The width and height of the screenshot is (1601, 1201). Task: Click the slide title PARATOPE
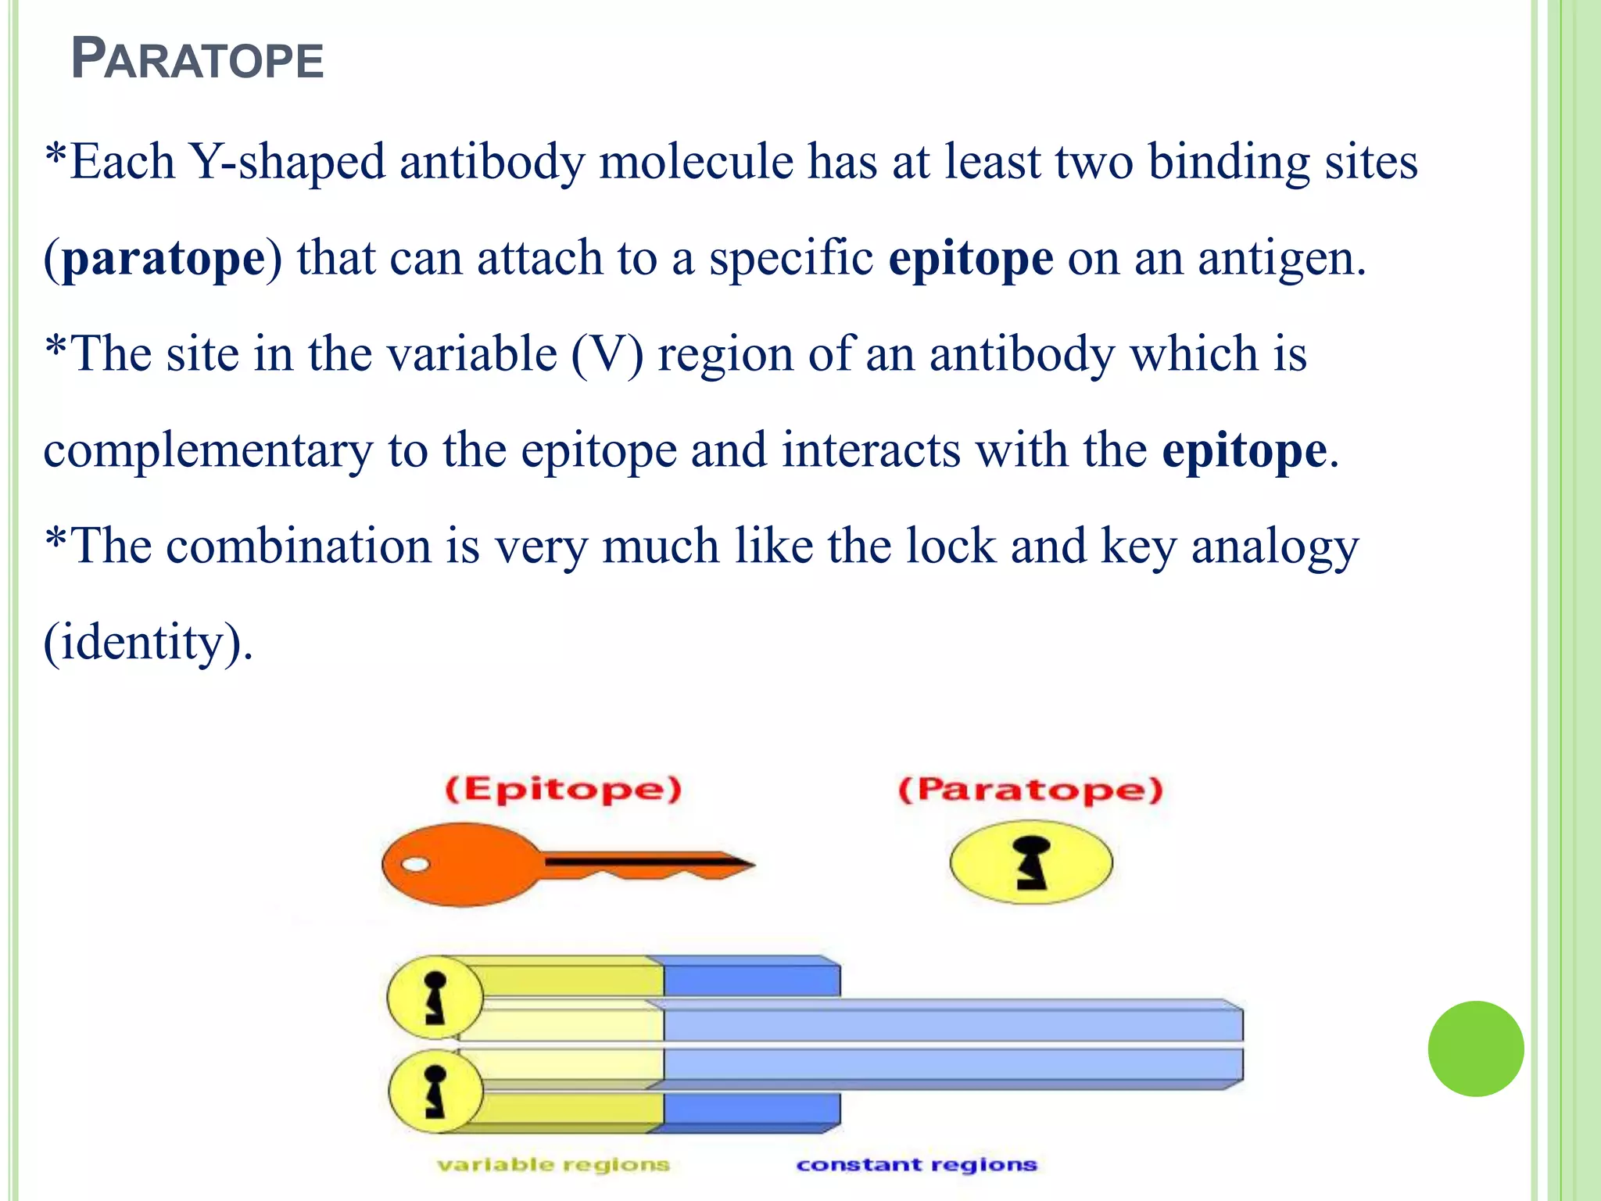click(x=197, y=59)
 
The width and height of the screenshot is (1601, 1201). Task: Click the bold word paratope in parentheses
click(x=163, y=258)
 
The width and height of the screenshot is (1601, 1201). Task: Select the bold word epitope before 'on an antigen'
click(x=970, y=258)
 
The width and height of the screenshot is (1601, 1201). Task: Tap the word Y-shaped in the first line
click(x=288, y=162)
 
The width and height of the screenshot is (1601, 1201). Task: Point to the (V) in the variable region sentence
click(x=607, y=354)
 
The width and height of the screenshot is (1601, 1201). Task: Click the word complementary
click(x=208, y=450)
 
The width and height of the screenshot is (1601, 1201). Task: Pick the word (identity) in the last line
click(x=147, y=643)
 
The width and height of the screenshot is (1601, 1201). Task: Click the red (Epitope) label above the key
click(x=563, y=789)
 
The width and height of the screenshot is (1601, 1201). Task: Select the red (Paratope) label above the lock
click(x=1030, y=790)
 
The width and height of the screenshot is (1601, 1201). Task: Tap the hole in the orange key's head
click(x=415, y=864)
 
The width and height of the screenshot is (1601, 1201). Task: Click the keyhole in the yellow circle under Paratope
click(x=1031, y=862)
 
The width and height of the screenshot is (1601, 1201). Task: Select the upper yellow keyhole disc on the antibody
click(x=435, y=998)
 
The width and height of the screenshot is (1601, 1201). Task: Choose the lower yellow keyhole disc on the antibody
click(x=435, y=1091)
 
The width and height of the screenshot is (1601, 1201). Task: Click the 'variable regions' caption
click(x=553, y=1164)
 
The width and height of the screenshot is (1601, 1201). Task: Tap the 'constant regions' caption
click(x=916, y=1164)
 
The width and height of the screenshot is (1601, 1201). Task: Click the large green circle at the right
click(x=1475, y=1049)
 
